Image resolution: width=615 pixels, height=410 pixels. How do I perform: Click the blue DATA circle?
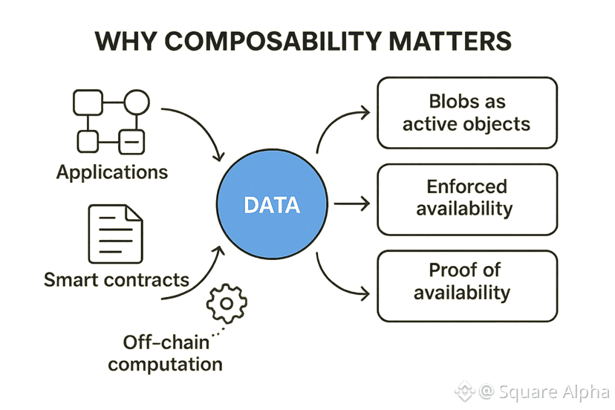[272, 204]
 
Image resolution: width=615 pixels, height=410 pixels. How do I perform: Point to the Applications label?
[112, 172]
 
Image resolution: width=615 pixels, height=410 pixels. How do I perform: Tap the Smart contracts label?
[117, 280]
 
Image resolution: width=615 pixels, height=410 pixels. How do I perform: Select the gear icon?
[227, 303]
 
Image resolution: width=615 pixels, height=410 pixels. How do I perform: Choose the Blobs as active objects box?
[466, 113]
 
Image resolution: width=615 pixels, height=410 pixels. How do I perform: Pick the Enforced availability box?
[466, 197]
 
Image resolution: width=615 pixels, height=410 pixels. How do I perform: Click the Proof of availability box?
[466, 282]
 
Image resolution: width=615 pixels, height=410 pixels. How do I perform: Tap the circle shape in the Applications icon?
[137, 102]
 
